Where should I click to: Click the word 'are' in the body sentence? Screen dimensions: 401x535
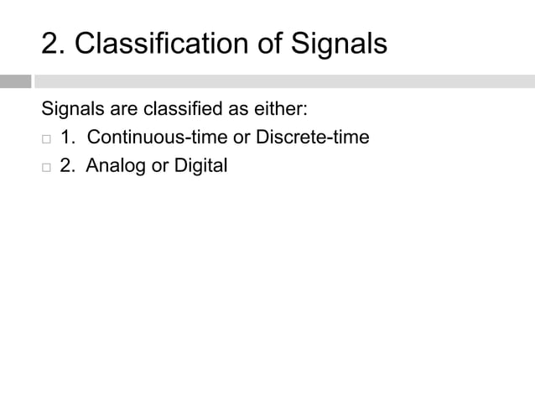pyautogui.click(x=123, y=109)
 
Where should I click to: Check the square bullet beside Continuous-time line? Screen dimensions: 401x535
pyautogui.click(x=46, y=138)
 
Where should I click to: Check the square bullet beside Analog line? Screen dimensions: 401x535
pyautogui.click(x=46, y=167)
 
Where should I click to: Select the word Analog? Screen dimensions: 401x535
pyautogui.click(x=116, y=165)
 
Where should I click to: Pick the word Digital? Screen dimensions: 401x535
pyautogui.click(x=200, y=165)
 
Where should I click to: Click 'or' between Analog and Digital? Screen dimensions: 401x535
pyautogui.click(x=158, y=165)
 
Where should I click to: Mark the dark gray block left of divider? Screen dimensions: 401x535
pyautogui.click(x=15, y=81)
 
